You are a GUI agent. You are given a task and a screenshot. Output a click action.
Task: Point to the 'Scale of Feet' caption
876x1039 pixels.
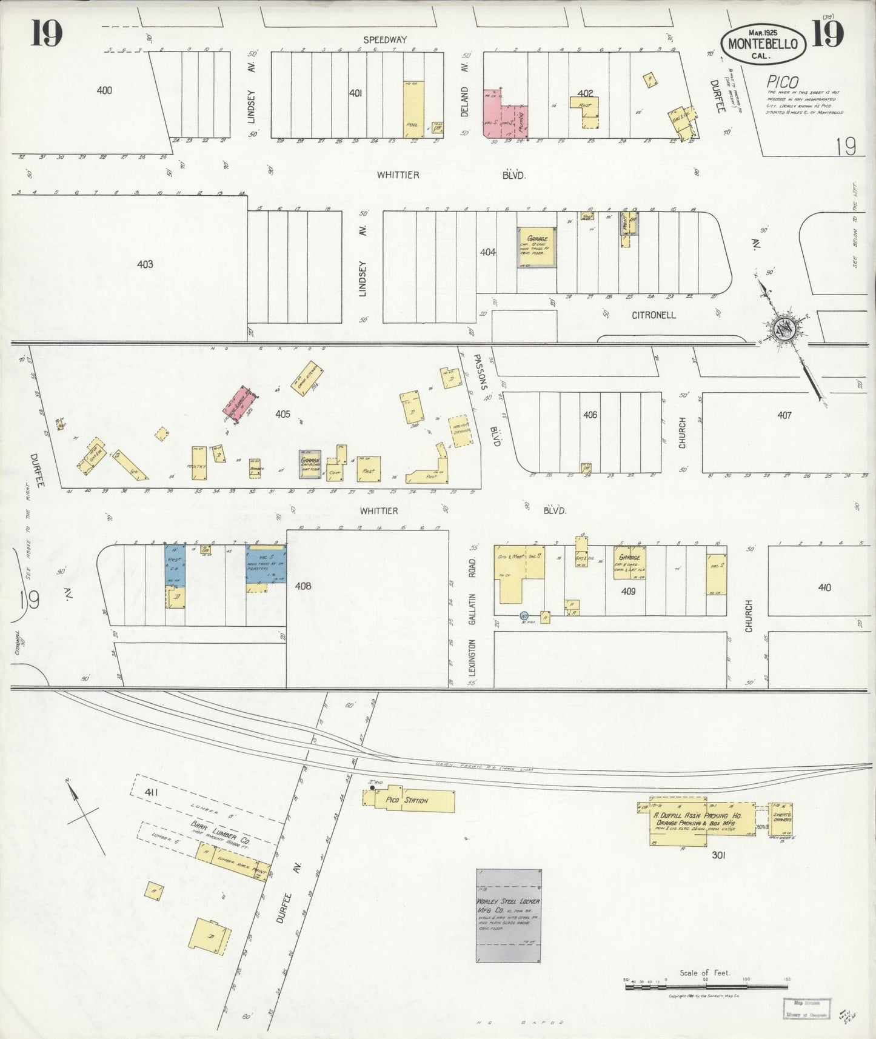[704, 972]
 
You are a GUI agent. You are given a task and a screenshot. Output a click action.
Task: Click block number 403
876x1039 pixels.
[145, 264]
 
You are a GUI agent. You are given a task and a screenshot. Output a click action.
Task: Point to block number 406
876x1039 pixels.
[590, 415]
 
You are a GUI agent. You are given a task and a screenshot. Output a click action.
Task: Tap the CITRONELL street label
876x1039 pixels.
[654, 315]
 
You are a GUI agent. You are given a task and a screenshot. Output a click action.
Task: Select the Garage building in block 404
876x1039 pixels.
[537, 247]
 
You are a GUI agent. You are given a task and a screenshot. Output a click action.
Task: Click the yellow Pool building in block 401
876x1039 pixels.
[413, 109]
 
